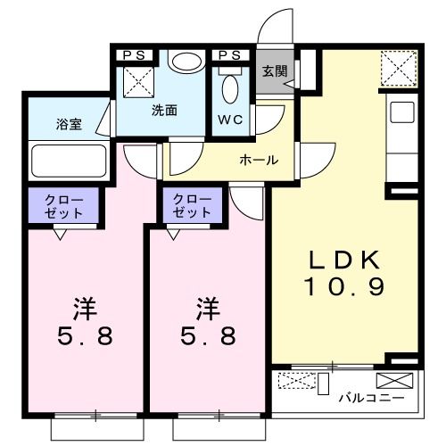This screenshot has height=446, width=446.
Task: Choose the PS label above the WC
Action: point(229,54)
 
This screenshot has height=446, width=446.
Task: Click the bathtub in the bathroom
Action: point(68,161)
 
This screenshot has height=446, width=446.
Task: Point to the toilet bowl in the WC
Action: point(230,90)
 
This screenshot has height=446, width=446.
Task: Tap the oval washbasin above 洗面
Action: point(186,61)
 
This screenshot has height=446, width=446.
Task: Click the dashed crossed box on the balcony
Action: point(296,382)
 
